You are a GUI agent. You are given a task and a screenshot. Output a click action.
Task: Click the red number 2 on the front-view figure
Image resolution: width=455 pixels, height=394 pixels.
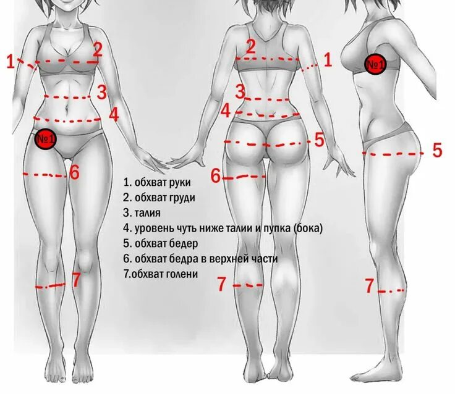(x=98, y=49)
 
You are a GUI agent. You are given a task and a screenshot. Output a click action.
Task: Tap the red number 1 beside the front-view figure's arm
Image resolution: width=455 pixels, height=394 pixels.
(x=10, y=61)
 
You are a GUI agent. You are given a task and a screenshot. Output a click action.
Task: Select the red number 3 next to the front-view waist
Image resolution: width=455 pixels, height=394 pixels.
(x=102, y=92)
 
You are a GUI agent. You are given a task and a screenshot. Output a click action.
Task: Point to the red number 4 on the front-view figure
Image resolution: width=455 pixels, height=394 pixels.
(x=114, y=114)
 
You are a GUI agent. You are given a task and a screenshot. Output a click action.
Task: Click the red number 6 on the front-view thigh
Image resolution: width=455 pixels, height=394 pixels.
(x=75, y=172)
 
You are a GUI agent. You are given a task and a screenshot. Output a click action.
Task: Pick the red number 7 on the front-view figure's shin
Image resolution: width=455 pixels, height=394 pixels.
(x=76, y=280)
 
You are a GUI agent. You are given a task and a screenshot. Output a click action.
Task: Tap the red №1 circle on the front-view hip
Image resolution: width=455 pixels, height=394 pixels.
(x=46, y=139)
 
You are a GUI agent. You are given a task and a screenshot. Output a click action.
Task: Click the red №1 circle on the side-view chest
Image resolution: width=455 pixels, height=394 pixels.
(x=375, y=64)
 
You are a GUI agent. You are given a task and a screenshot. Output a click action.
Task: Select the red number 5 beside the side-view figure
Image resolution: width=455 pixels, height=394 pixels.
(x=437, y=150)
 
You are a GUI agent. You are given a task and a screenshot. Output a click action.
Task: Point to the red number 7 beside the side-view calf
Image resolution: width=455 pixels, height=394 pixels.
(x=369, y=285)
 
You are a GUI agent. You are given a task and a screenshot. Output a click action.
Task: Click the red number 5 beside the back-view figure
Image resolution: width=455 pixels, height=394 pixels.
(x=319, y=140)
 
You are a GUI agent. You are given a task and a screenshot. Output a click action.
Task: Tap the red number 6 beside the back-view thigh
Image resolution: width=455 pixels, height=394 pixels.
(x=216, y=175)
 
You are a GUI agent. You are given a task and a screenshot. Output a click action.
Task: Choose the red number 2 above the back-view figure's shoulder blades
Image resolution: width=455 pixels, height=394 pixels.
(x=250, y=46)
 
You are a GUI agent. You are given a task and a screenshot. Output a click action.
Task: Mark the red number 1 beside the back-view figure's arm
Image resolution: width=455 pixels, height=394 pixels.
(x=328, y=59)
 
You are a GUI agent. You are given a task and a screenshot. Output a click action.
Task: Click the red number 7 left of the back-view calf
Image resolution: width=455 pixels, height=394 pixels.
(x=222, y=284)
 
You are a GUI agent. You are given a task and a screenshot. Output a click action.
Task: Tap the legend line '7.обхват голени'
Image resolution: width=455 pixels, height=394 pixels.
(x=160, y=274)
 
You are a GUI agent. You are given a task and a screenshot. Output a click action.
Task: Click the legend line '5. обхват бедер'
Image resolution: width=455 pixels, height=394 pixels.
(x=161, y=243)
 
